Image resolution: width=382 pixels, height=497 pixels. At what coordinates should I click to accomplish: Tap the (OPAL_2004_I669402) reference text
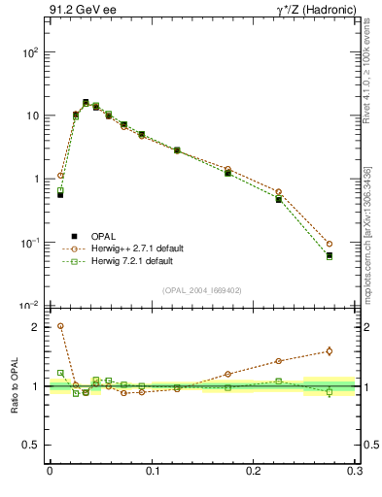click(x=202, y=288)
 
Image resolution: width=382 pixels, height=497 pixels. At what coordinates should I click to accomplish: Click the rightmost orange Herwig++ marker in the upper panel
click(x=330, y=244)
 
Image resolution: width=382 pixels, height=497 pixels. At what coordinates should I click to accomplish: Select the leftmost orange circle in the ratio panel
click(x=60, y=326)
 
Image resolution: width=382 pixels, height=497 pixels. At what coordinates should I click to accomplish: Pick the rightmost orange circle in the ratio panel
click(x=330, y=351)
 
